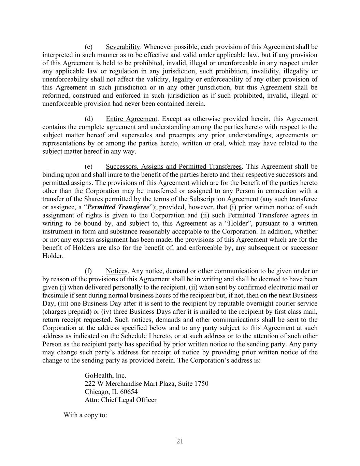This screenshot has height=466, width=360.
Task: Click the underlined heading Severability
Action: (x=123, y=47)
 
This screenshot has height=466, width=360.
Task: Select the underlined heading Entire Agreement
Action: (x=132, y=119)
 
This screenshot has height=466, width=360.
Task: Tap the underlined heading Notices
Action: (x=116, y=271)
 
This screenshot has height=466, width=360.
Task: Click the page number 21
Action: (x=180, y=441)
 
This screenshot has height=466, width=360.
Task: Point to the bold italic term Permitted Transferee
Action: (x=118, y=207)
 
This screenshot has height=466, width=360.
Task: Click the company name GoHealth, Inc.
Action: (x=105, y=376)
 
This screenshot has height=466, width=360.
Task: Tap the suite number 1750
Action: (x=201, y=383)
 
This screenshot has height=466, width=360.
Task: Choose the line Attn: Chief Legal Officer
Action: (x=120, y=400)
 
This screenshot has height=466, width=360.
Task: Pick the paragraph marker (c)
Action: (x=88, y=47)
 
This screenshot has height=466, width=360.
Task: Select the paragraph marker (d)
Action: (x=89, y=119)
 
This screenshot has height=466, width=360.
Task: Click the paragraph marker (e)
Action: (x=88, y=167)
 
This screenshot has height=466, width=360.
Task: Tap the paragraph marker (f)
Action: (x=88, y=271)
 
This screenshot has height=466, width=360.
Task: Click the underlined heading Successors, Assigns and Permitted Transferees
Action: (x=173, y=167)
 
